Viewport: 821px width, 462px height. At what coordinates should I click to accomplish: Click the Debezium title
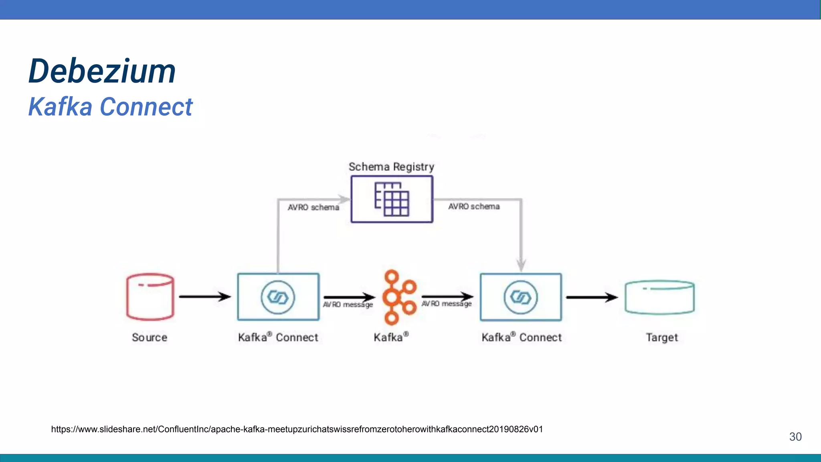click(102, 71)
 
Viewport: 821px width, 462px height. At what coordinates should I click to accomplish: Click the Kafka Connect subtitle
click(110, 107)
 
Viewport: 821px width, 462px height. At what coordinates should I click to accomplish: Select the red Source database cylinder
click(150, 297)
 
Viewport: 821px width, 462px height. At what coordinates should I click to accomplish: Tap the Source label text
click(150, 337)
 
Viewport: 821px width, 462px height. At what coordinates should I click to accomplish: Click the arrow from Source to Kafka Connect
click(204, 297)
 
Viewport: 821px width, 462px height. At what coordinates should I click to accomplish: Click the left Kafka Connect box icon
click(278, 297)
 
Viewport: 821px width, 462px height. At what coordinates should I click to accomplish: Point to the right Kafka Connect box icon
click(521, 297)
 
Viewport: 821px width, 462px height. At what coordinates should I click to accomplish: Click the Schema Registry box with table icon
click(392, 199)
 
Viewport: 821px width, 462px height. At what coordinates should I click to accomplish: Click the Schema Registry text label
click(391, 167)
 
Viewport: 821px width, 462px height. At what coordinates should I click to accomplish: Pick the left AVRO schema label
click(313, 207)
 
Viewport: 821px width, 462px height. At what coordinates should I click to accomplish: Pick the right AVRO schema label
click(474, 206)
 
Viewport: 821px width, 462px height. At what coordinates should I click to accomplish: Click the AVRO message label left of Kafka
click(348, 305)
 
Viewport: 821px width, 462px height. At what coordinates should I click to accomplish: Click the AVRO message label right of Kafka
click(446, 304)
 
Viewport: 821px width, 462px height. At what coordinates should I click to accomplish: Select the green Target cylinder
click(659, 297)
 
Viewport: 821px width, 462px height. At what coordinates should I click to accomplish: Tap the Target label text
click(662, 337)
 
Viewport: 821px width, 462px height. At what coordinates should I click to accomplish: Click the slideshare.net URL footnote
click(297, 429)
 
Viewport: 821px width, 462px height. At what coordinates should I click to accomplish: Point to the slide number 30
click(795, 437)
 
